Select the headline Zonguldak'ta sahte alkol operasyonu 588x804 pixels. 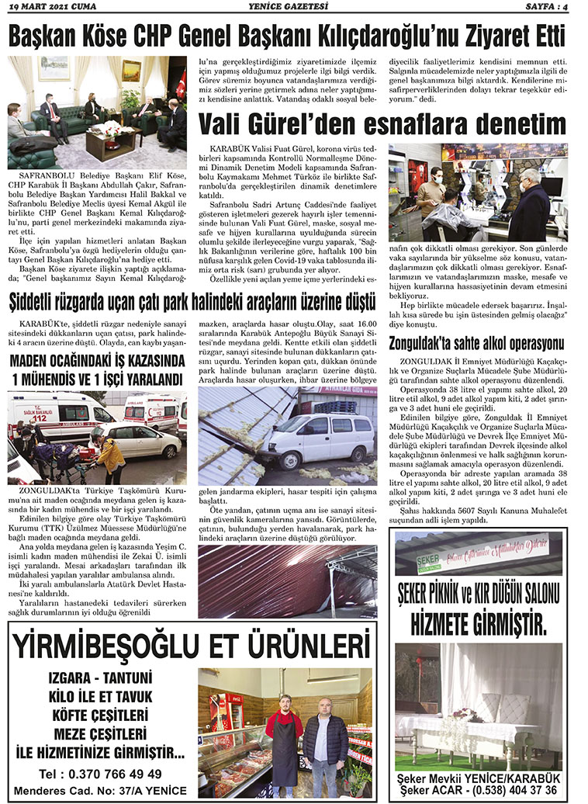tap(476, 343)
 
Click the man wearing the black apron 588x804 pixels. tap(284, 734)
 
